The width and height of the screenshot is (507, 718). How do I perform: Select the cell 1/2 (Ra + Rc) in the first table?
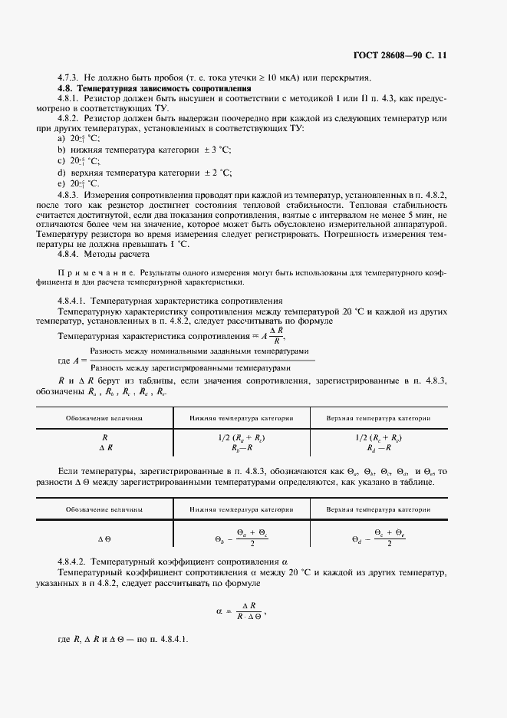pos(242,437)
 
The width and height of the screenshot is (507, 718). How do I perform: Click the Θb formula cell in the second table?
pos(242,538)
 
